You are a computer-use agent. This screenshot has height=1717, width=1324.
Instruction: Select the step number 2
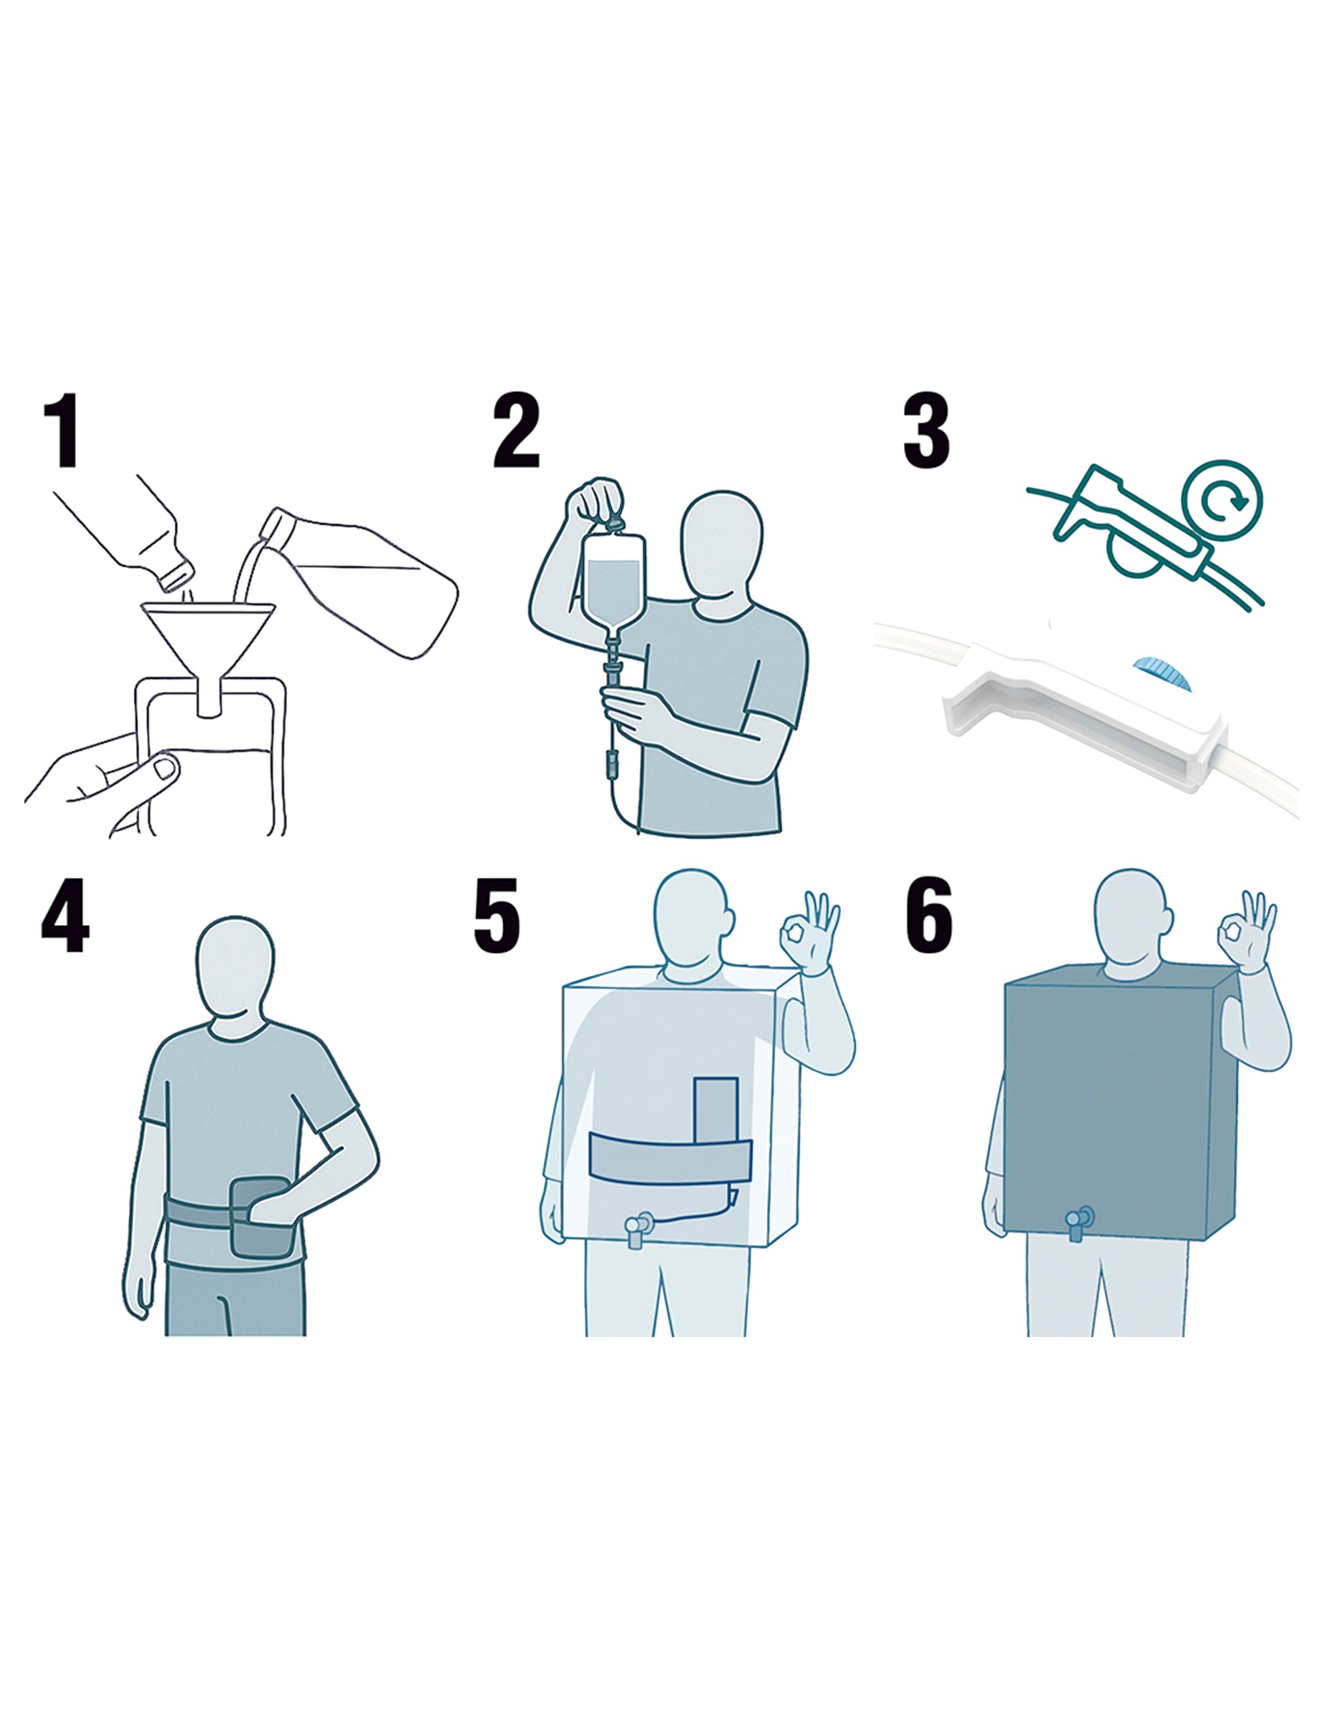pyautogui.click(x=517, y=431)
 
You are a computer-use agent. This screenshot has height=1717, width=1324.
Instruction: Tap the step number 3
pyautogui.click(x=926, y=431)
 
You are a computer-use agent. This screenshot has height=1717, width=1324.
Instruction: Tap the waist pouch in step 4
pyautogui.click(x=262, y=1217)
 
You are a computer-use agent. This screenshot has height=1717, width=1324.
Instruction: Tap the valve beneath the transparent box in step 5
pyautogui.click(x=638, y=1229)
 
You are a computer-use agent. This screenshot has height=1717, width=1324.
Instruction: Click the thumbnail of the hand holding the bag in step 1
pyautogui.click(x=165, y=768)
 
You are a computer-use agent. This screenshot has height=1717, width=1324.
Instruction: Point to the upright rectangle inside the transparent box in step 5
pyautogui.click(x=716, y=1110)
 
